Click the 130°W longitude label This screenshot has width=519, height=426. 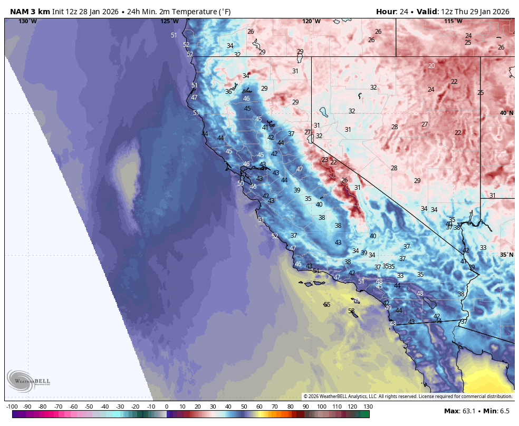(27, 21)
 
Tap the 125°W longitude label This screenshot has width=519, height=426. (169, 21)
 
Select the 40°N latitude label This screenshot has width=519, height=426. (506, 113)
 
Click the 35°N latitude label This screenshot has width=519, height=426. (506, 255)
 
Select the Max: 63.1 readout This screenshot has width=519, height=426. (459, 411)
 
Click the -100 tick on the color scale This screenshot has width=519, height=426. (12, 406)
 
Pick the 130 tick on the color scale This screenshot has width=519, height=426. (368, 406)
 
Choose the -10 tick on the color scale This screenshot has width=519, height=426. (151, 406)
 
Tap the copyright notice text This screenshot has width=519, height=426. (408, 396)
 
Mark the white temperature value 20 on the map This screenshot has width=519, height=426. (431, 66)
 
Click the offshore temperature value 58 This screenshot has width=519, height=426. (351, 311)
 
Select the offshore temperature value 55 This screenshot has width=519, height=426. (327, 305)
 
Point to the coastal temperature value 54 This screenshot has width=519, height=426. (316, 271)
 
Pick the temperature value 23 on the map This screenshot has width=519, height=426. (325, 159)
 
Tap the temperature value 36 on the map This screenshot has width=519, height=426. (228, 92)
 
